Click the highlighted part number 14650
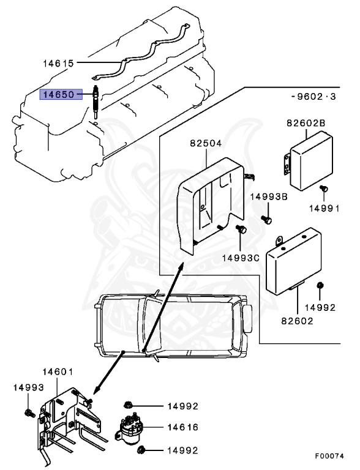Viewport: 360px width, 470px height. coord(58,95)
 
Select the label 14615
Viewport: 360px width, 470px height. coord(58,63)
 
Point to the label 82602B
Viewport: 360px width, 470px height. coord(306,122)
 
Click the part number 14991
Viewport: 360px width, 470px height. coord(323,209)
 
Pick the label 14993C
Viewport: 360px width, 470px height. coord(241,258)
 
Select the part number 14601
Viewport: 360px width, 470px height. coord(58,371)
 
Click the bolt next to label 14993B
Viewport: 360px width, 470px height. coord(266,218)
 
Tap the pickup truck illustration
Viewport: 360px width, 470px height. coord(171,324)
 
